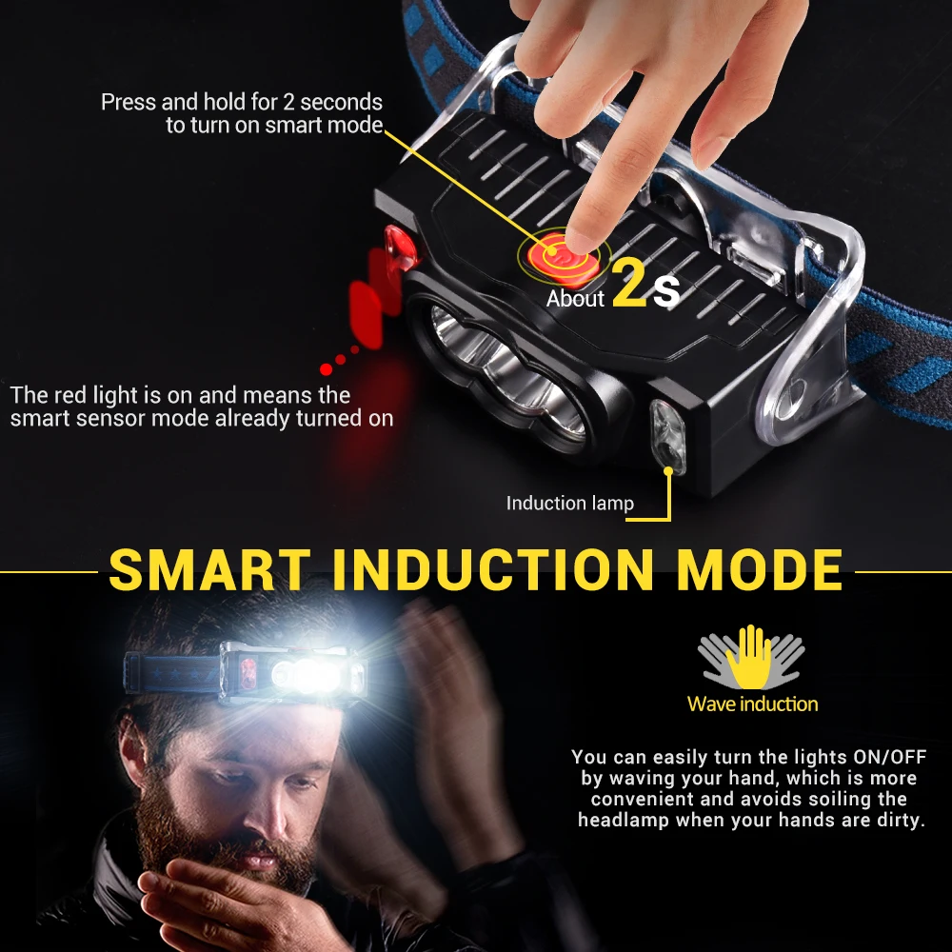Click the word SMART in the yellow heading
coord(208,568)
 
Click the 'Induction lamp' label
coord(569,503)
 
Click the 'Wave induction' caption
coord(752,704)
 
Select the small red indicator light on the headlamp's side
coord(399,247)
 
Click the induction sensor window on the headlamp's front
coord(663,433)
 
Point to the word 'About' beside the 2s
coord(575,299)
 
